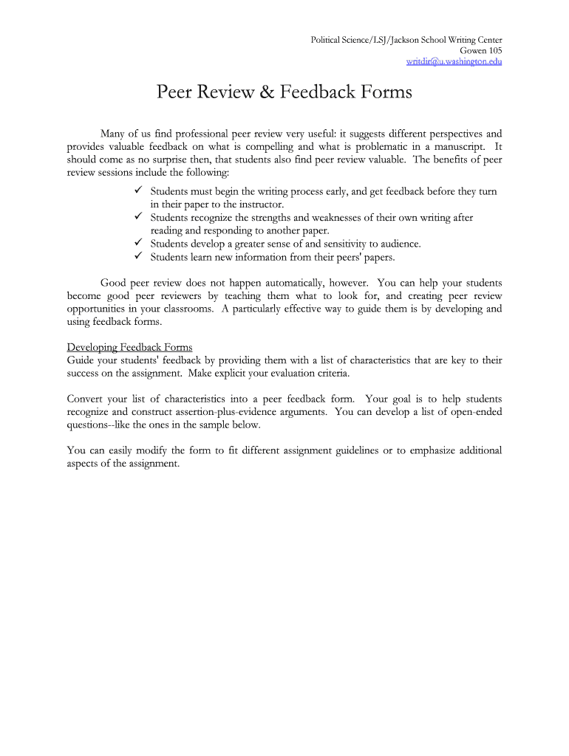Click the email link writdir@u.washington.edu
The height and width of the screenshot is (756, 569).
[454, 61]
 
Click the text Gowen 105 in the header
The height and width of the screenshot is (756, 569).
[481, 50]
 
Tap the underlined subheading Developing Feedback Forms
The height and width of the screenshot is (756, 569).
[129, 347]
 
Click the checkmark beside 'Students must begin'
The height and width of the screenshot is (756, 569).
[138, 191]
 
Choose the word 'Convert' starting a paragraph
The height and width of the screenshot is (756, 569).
[85, 399]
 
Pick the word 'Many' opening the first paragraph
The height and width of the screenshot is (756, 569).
[113, 134]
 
